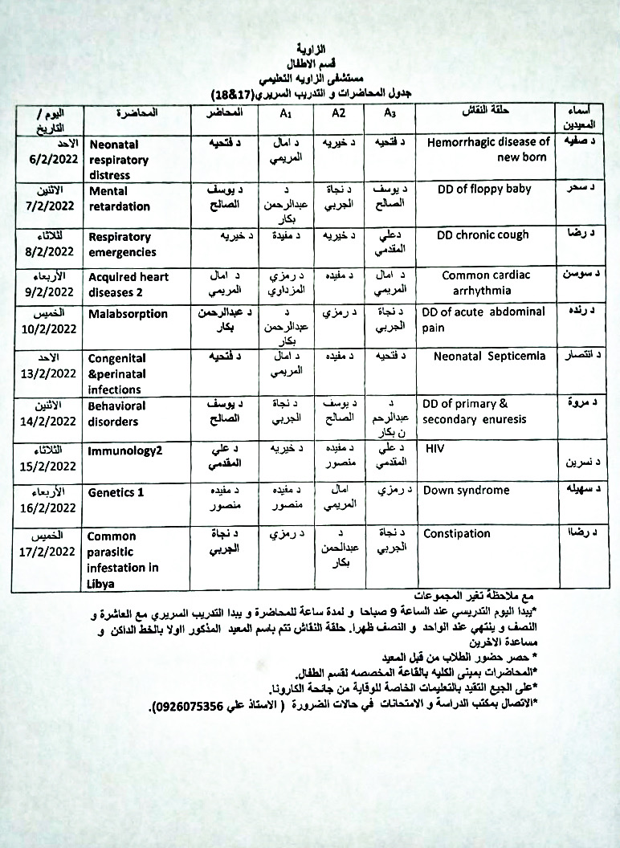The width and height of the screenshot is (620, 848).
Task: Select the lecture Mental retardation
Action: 120,198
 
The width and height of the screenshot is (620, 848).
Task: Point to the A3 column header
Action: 390,113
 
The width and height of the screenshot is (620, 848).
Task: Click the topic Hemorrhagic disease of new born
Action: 499,149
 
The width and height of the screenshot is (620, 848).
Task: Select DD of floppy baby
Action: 484,190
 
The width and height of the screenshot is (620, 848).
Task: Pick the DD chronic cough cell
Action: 483,235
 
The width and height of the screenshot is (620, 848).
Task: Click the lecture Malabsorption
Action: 128,314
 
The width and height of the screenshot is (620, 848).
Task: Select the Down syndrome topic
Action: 466,490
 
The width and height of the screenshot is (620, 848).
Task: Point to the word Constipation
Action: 456,533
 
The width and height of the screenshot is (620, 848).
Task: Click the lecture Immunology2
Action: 125,450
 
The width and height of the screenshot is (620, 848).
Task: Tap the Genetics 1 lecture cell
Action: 116,492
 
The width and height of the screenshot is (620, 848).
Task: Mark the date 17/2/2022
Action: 47,551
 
